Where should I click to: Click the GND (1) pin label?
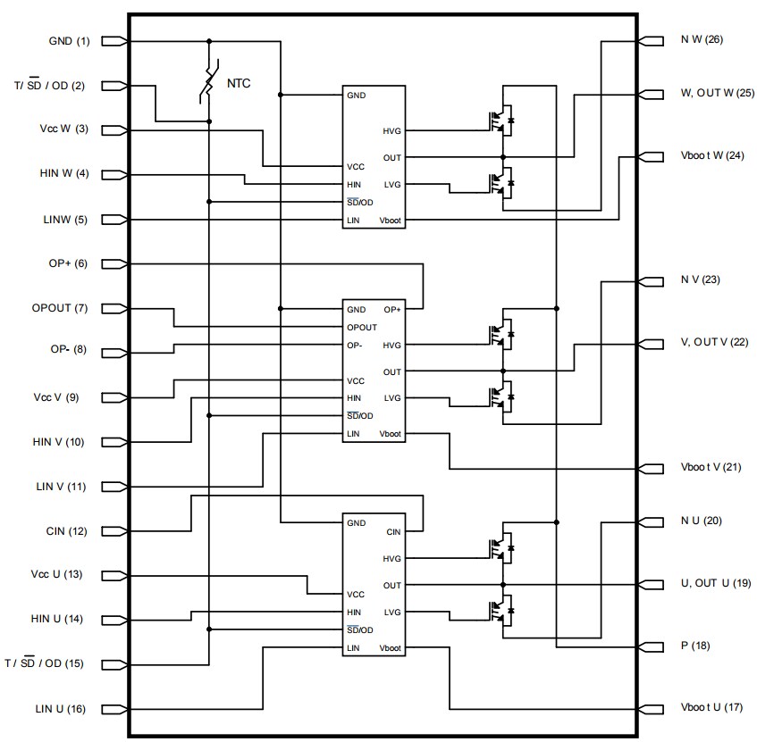point(69,41)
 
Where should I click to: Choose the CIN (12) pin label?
point(67,531)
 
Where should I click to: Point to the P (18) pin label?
point(694,645)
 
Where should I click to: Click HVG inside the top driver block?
point(391,131)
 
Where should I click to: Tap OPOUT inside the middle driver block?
point(363,327)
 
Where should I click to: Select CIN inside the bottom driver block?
point(392,532)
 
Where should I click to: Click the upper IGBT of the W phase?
point(499,121)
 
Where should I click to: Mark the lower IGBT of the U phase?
point(499,612)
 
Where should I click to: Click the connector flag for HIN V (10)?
point(114,442)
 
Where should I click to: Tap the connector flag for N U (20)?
point(652,521)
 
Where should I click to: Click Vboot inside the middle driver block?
point(391,434)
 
